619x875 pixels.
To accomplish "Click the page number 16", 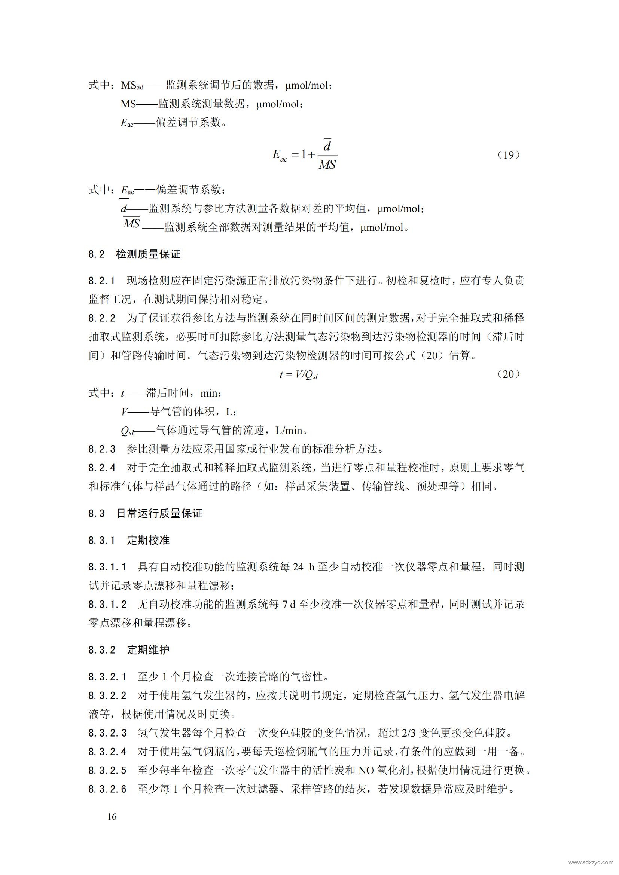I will [112, 816].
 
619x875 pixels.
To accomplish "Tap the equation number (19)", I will [509, 155].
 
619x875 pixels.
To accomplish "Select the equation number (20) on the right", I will [509, 374].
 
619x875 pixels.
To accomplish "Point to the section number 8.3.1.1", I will [107, 567].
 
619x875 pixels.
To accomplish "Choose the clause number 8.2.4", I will [102, 468].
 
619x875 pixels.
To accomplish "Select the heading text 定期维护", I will [148, 650].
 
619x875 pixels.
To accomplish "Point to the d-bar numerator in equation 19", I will [327, 145].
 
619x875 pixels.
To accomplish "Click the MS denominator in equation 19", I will [327, 165].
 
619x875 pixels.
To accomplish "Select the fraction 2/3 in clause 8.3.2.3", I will [409, 733].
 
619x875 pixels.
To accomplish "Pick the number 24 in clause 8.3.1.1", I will [298, 567].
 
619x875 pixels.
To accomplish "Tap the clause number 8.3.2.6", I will [107, 789].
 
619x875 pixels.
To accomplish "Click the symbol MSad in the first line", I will [132, 85].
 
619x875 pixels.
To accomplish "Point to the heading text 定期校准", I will [148, 540].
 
